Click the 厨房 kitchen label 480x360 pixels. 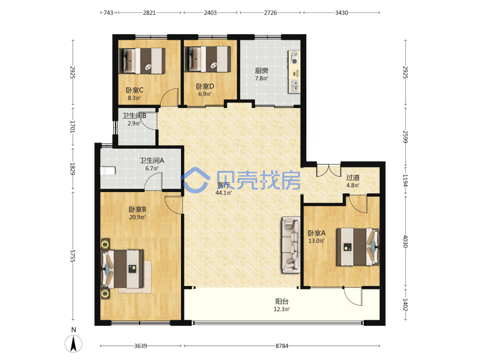pos(262,71)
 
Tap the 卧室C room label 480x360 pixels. pos(134,90)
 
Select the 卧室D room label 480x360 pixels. pos(205,86)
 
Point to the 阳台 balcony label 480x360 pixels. pos(282,301)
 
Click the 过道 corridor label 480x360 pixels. pos(353,178)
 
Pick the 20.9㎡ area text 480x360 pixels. pos(137,217)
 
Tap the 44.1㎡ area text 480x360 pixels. pos(224,193)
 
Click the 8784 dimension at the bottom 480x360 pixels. pos(282,346)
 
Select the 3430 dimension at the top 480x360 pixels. pos(341,13)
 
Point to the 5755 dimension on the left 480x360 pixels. pos(72,256)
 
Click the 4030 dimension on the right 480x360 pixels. pos(405,241)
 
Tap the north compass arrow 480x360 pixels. pos(73,344)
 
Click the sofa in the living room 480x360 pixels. pos(291,245)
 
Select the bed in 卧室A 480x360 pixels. pos(358,247)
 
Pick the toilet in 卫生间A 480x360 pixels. pos(108,171)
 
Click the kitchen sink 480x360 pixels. pos(295,86)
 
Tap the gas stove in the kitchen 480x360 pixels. pos(294,58)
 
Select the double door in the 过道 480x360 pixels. pos(328,170)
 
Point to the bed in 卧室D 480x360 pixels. pos(208,59)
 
